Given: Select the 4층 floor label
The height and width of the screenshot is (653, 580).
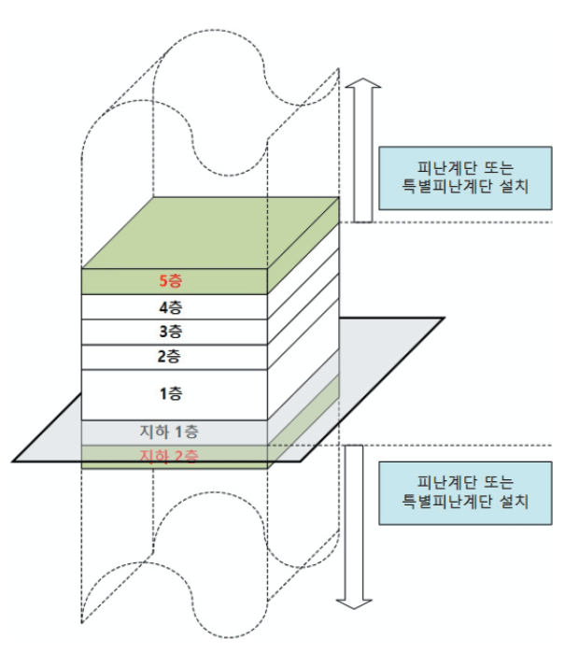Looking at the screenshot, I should click(170, 306).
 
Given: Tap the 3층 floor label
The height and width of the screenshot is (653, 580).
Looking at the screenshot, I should click(170, 332).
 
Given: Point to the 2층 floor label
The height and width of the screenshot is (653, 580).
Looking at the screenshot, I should click(170, 356).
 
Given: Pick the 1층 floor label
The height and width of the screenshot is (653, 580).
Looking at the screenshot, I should click(170, 394).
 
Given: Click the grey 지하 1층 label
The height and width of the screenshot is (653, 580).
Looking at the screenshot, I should click(168, 433).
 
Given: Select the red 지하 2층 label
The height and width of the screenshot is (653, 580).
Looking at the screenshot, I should click(168, 456).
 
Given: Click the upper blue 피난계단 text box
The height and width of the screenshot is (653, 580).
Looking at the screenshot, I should click(463, 178).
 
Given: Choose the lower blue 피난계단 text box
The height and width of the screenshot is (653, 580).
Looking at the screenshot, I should click(463, 492).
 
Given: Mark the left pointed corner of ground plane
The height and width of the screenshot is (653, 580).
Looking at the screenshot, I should click(15, 460).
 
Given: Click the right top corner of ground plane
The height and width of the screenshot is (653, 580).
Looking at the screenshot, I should click(442, 319).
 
